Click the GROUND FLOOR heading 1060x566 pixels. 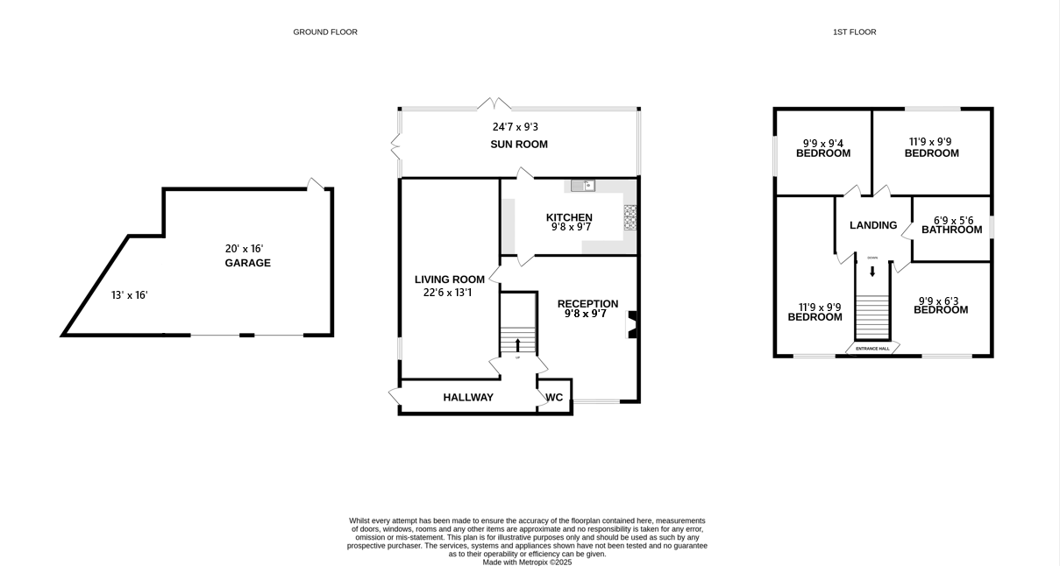point(325,32)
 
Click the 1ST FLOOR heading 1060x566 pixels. point(854,32)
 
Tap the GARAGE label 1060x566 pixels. point(247,263)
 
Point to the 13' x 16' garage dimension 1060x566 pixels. point(129,295)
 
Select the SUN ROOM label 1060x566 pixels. point(518,145)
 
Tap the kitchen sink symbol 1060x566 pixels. point(582,185)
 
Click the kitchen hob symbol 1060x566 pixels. point(630,216)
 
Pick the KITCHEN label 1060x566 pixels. point(569,217)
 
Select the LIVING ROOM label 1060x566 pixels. point(449,279)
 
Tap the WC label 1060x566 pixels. point(554,398)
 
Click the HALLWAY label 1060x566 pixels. point(468,398)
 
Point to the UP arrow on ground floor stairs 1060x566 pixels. point(517,344)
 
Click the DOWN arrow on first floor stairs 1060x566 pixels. point(871,271)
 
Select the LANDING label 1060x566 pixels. point(873,225)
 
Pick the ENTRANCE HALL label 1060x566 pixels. point(872,349)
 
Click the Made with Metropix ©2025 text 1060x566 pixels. point(527,562)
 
